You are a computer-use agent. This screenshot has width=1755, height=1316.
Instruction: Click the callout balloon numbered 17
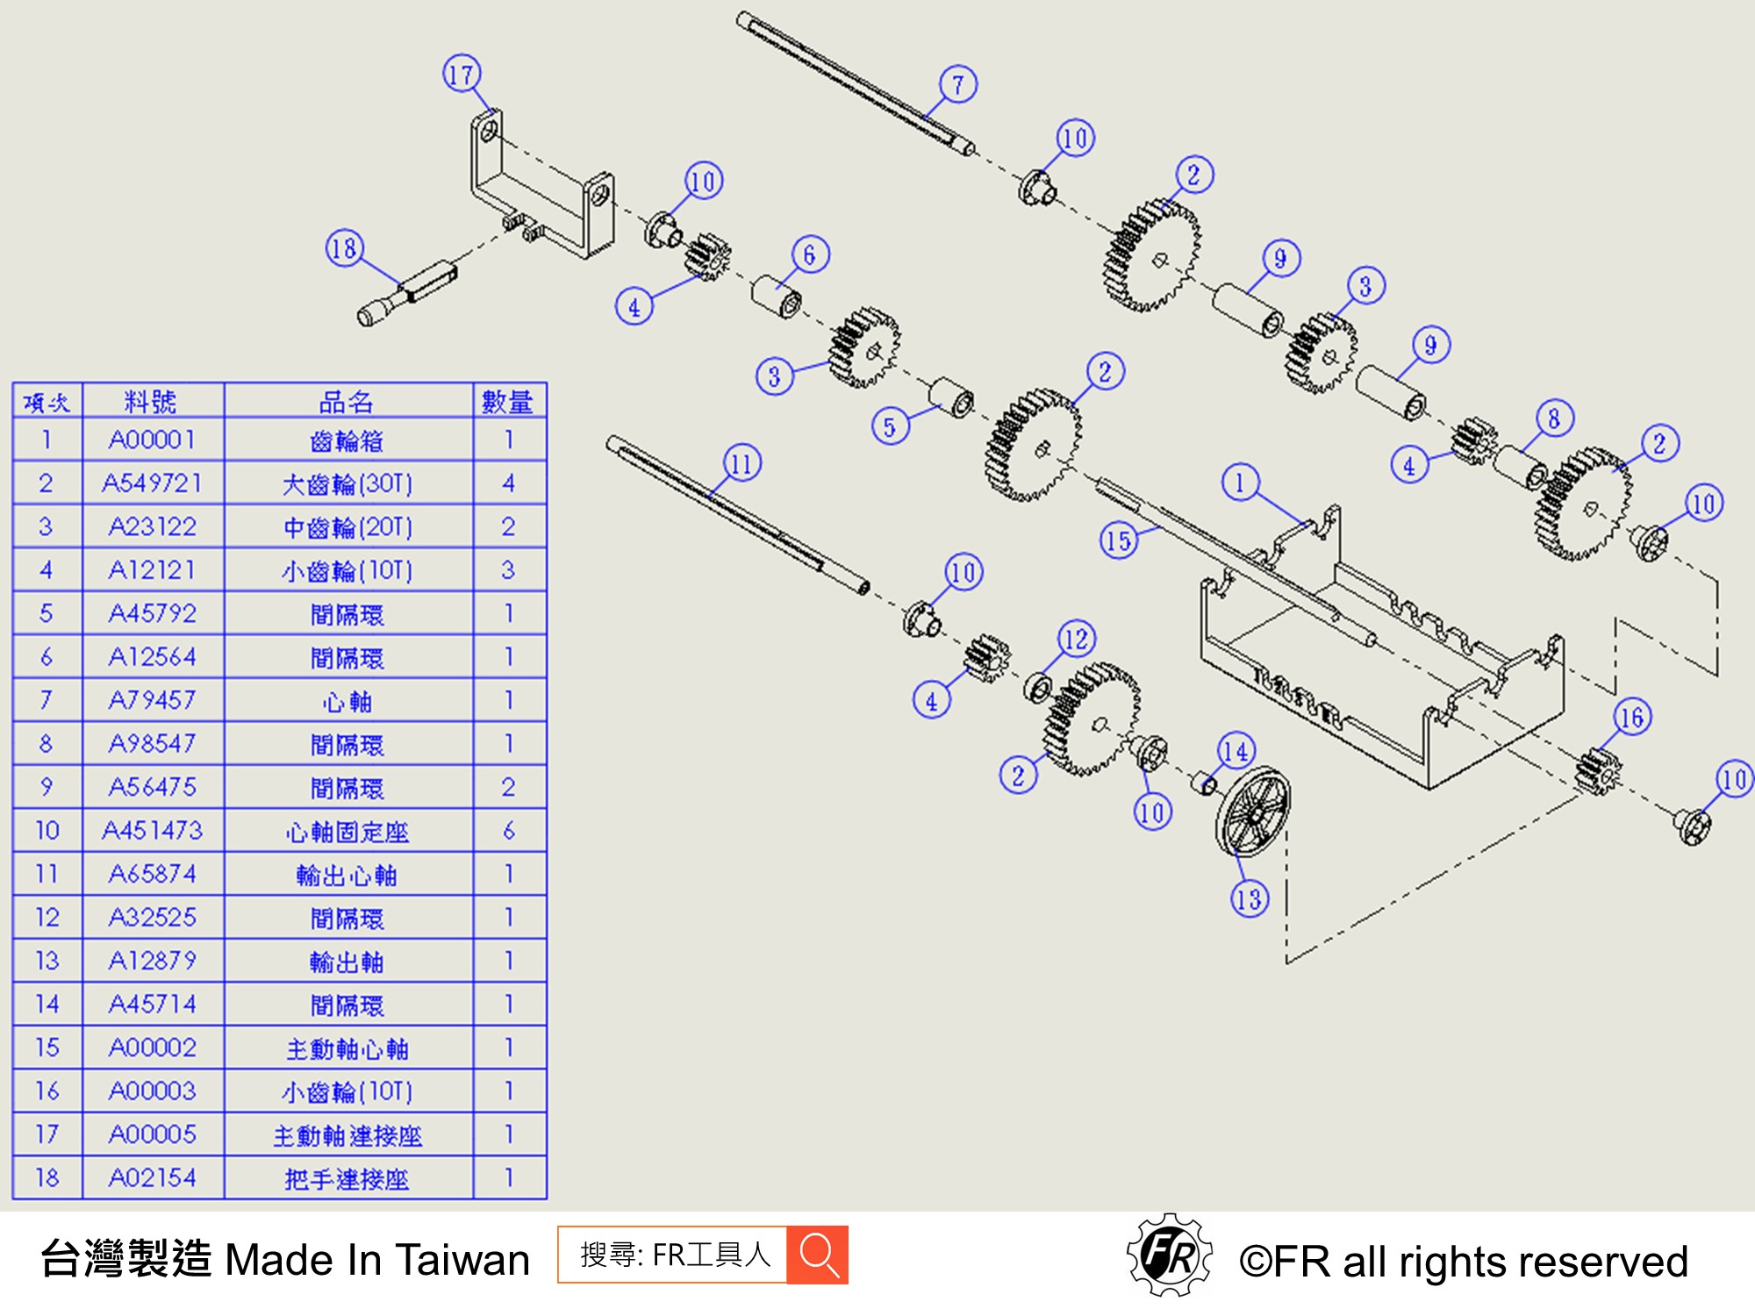click(x=462, y=74)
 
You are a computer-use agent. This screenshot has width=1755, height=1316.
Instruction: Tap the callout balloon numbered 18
click(x=345, y=248)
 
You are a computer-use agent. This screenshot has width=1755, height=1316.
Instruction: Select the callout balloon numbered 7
click(x=958, y=84)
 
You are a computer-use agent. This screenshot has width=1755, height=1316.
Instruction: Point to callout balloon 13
click(x=1250, y=898)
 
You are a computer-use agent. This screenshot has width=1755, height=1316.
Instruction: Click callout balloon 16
click(x=1632, y=718)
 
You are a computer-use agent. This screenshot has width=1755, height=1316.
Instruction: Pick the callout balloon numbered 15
click(x=1119, y=540)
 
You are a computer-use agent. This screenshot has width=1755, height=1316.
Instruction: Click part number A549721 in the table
click(x=153, y=483)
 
